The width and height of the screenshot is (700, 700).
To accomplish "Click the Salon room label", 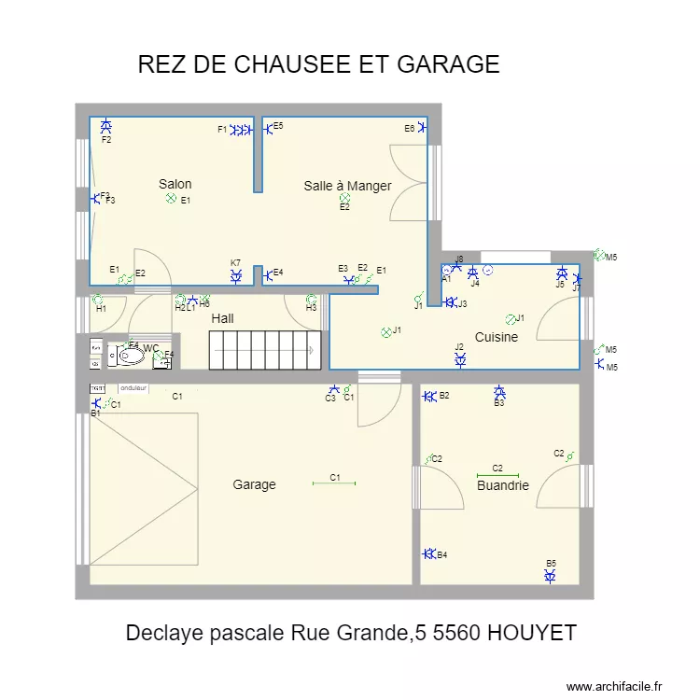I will click(175, 184).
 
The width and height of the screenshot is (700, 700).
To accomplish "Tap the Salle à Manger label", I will click(347, 186).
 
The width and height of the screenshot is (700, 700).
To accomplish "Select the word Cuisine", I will click(496, 337).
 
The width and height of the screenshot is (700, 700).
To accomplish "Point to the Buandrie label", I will click(502, 485).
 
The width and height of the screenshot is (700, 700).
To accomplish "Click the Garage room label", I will click(254, 484).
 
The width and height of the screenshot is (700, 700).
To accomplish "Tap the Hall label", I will click(222, 318).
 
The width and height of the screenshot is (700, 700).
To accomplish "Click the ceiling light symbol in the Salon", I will click(171, 199).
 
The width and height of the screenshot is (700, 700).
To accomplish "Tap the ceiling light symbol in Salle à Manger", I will click(344, 198).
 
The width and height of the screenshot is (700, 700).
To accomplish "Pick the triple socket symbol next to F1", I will click(242, 131).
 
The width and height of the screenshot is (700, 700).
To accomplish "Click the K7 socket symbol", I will click(236, 275).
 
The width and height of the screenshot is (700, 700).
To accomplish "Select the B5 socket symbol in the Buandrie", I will click(551, 577).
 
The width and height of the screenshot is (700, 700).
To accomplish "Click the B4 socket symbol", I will click(428, 554).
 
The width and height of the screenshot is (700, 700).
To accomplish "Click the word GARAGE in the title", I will click(448, 64).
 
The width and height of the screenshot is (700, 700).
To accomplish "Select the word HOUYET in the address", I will click(529, 633).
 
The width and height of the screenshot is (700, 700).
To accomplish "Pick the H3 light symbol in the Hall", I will click(311, 299).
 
